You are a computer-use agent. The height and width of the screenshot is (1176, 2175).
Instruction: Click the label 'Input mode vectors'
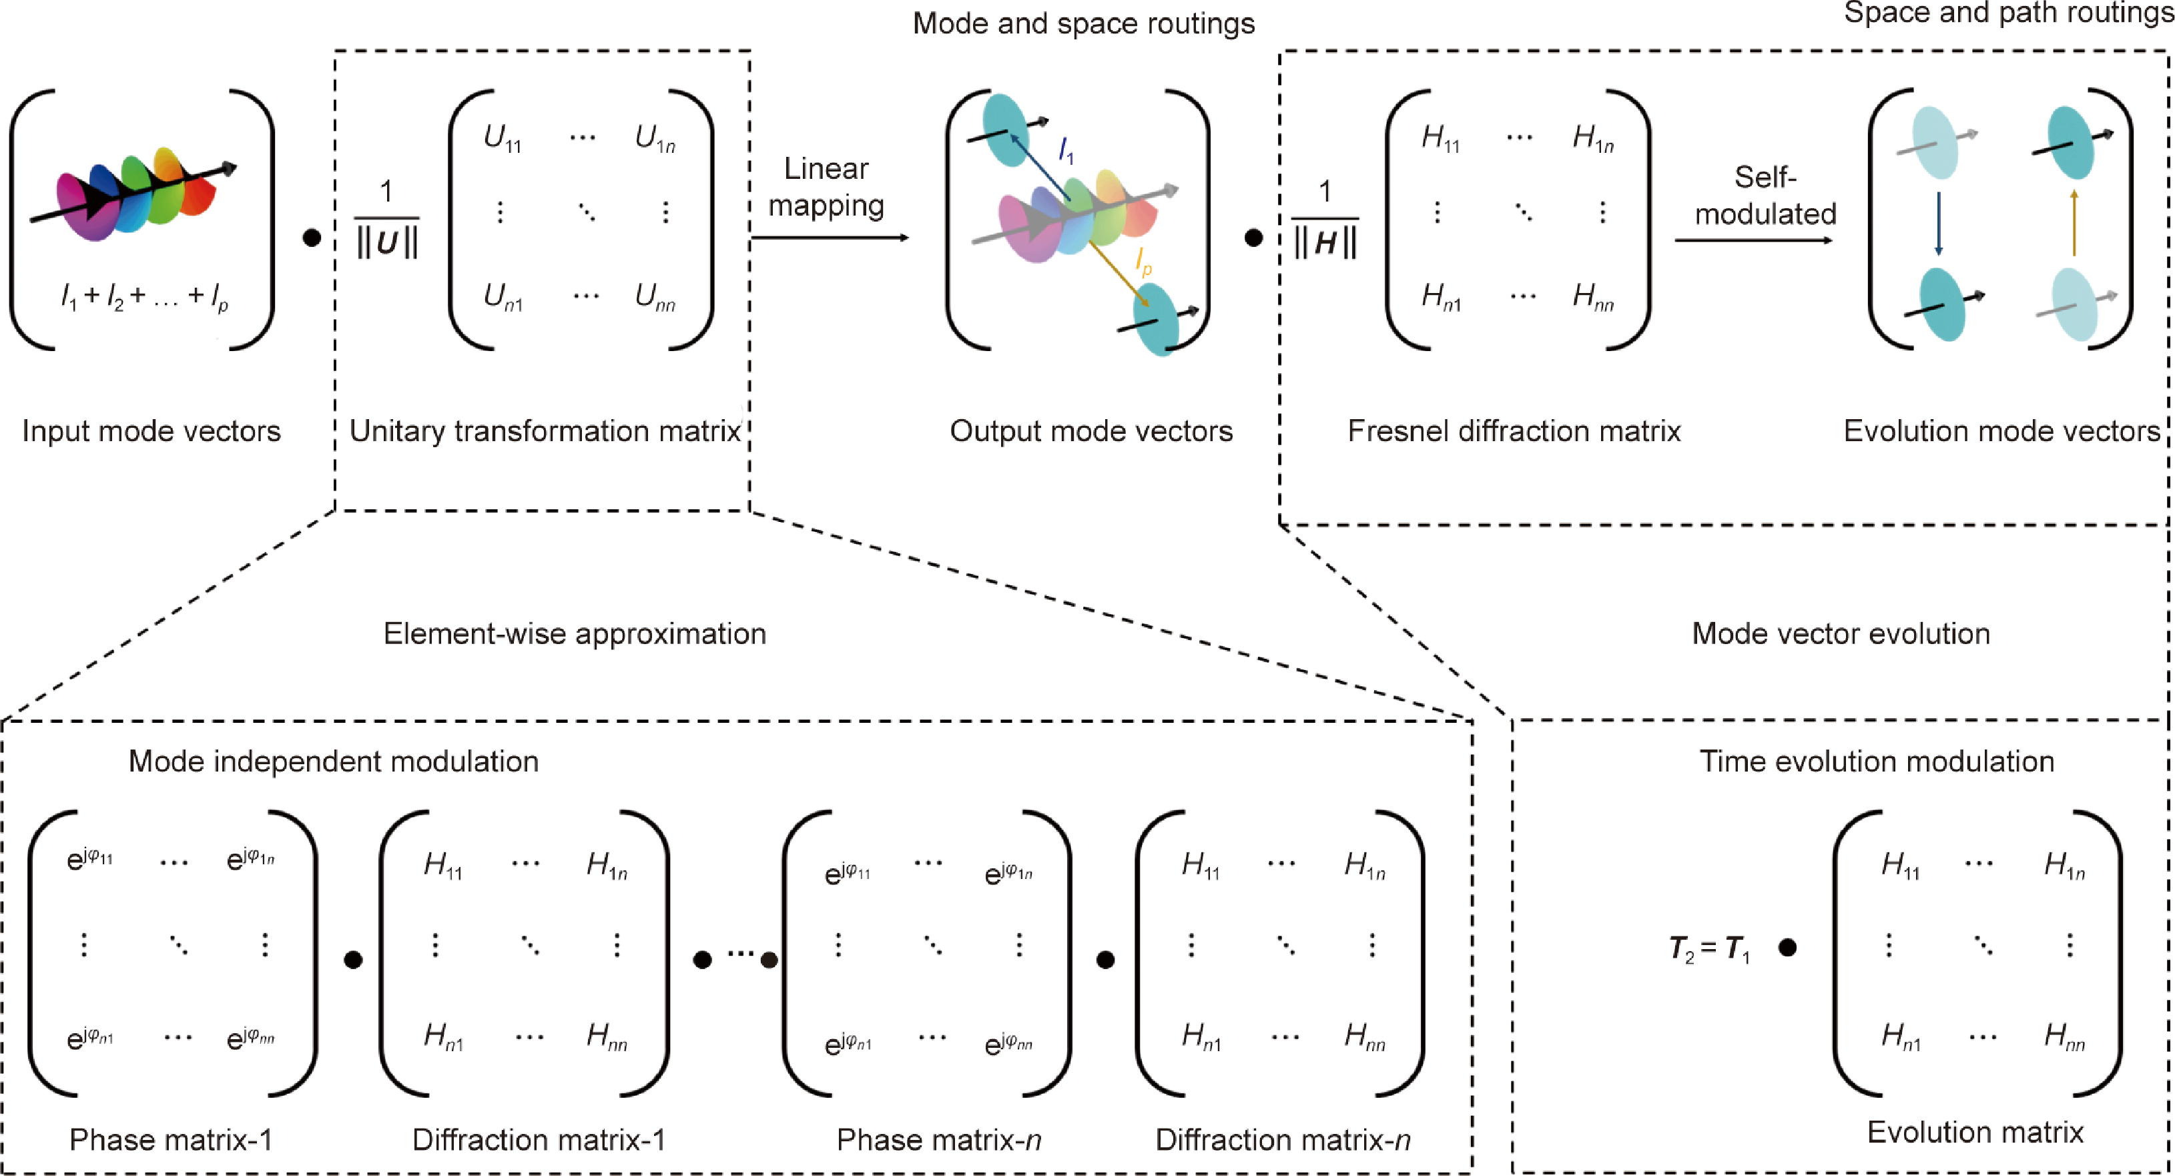pyautogui.click(x=151, y=431)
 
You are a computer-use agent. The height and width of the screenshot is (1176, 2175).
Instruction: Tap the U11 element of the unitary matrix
pyautogui.click(x=503, y=138)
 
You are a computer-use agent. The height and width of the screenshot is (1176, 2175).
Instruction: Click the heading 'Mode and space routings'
pyautogui.click(x=1083, y=23)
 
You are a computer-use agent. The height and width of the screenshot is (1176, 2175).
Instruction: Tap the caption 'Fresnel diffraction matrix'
pyautogui.click(x=1514, y=431)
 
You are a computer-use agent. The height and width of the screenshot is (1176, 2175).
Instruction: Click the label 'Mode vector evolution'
pyautogui.click(x=1841, y=634)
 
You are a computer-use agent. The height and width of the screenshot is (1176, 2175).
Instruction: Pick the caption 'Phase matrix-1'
pyautogui.click(x=172, y=1140)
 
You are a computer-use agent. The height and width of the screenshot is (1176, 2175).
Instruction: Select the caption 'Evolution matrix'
pyautogui.click(x=1975, y=1132)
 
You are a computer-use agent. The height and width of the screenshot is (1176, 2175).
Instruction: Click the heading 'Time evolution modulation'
pyautogui.click(x=1876, y=762)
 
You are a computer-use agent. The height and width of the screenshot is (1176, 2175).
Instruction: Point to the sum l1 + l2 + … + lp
pyautogui.click(x=144, y=296)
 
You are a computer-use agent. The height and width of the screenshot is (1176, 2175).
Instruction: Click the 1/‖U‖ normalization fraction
pyautogui.click(x=386, y=220)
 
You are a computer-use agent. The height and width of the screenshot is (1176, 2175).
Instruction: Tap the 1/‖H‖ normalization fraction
pyautogui.click(x=1325, y=220)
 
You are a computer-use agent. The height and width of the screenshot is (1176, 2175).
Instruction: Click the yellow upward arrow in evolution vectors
pyautogui.click(x=2074, y=223)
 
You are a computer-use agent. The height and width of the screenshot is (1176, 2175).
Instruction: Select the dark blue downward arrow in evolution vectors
pyautogui.click(x=1939, y=223)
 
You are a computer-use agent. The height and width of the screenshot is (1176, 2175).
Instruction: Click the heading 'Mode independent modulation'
pyautogui.click(x=334, y=762)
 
